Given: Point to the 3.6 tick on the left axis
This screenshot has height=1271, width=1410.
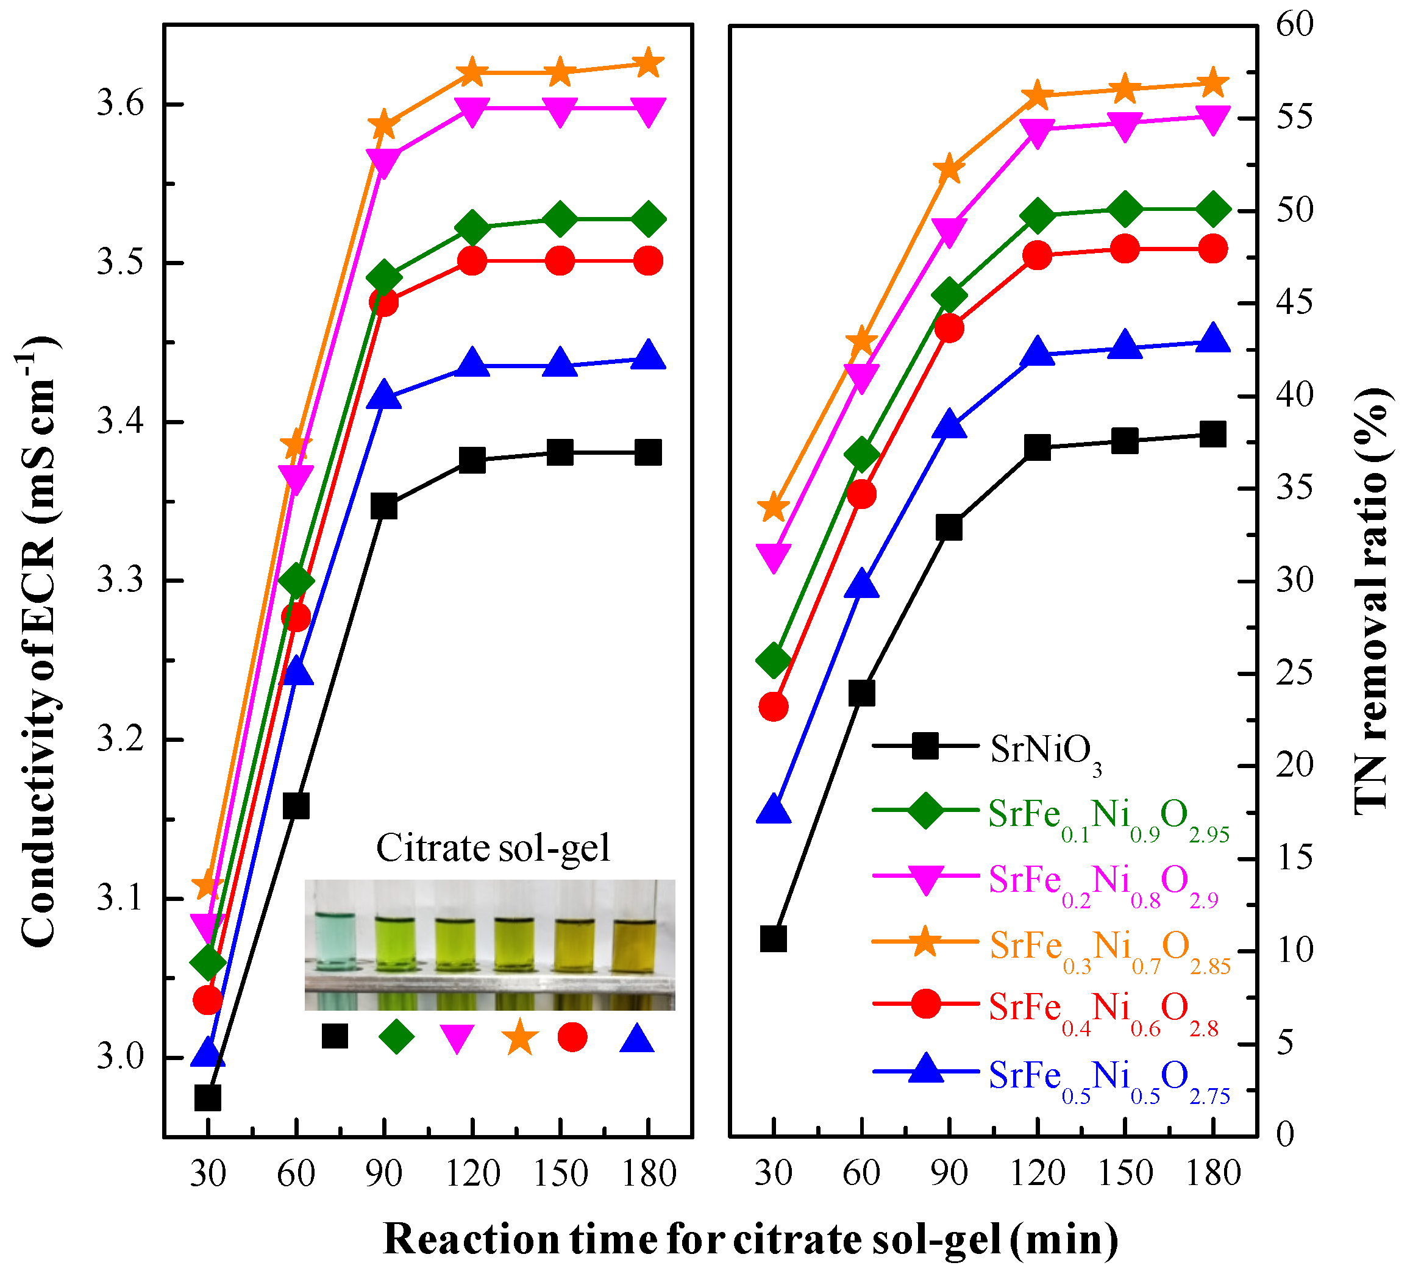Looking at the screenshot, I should click(119, 105).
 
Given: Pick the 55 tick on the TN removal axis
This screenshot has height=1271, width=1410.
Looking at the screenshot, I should click(1294, 117).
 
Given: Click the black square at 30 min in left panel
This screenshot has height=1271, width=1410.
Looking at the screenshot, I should click(207, 1098).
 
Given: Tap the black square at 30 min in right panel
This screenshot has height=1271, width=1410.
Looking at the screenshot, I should click(773, 939).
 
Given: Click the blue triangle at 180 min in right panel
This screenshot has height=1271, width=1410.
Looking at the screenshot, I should click(1213, 338).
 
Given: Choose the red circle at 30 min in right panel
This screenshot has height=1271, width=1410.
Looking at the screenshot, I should click(773, 707).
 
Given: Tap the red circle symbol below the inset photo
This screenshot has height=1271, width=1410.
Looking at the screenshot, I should click(572, 1037).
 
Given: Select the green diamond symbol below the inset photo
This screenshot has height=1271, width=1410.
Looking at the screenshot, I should click(396, 1037).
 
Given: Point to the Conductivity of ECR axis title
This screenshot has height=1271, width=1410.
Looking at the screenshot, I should click(38, 643).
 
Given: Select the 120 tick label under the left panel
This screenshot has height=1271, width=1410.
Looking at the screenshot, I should click(473, 1173).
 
